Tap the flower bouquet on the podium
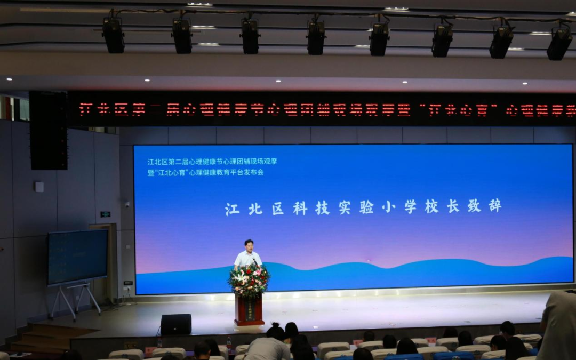pos(249,278)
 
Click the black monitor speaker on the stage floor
pos(176,324)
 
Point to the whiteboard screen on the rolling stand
pos(77,257)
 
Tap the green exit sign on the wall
pos(105,214)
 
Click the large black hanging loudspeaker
pos(48,131)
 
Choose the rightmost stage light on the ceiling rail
pos(559,43)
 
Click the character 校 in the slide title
pos(431,207)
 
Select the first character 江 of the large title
pos(232,209)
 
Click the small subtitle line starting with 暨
pos(205,172)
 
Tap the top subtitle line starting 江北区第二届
pos(212,161)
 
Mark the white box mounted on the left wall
pos(39,187)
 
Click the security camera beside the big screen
pos(126,204)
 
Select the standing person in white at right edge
pos(558,325)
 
